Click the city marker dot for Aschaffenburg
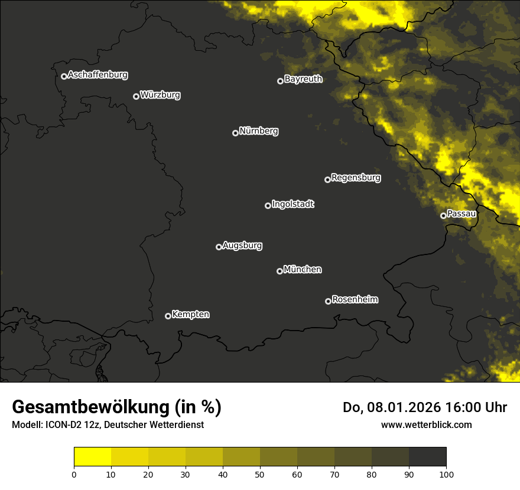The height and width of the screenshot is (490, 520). pyautogui.click(x=64, y=76)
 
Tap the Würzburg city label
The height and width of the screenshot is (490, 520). pyautogui.click(x=160, y=95)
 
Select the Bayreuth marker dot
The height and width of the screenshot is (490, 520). pyautogui.click(x=280, y=81)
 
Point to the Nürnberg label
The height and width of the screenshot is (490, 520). pyautogui.click(x=258, y=131)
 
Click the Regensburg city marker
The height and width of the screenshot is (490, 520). pyautogui.click(x=327, y=179)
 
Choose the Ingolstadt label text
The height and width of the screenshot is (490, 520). pyautogui.click(x=293, y=204)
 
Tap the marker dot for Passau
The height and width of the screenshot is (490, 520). pyautogui.click(x=443, y=215)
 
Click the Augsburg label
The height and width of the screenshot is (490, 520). pyautogui.click(x=242, y=246)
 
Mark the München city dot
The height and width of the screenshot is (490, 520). pyautogui.click(x=279, y=271)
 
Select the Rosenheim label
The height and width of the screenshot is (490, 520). pyautogui.click(x=355, y=300)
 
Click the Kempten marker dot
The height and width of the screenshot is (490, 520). pyautogui.click(x=168, y=316)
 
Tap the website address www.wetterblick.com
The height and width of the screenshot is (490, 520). pyautogui.click(x=426, y=424)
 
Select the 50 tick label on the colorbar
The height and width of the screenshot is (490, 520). pyautogui.click(x=260, y=474)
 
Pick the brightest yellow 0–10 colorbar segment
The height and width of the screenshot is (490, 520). pyautogui.click(x=92, y=457)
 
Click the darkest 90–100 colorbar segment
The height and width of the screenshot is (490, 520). pyautogui.click(x=427, y=457)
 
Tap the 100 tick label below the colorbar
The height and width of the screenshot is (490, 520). pyautogui.click(x=446, y=474)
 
